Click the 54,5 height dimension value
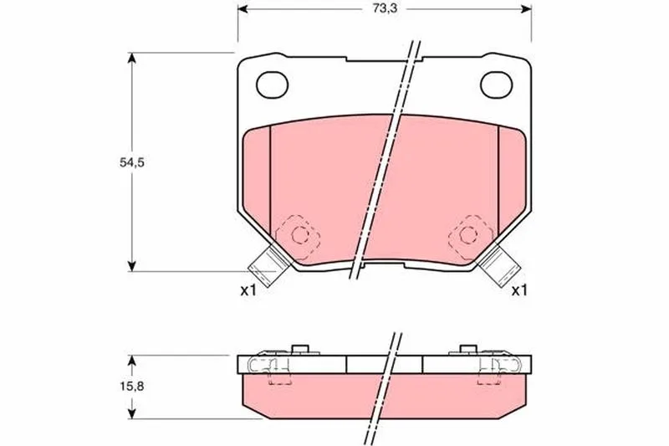point(132,162)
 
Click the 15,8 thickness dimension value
point(132,387)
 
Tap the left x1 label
point(248,291)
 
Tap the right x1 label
point(519,291)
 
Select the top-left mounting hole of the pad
point(273,85)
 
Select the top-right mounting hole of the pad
point(496,85)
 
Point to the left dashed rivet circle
point(299,235)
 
